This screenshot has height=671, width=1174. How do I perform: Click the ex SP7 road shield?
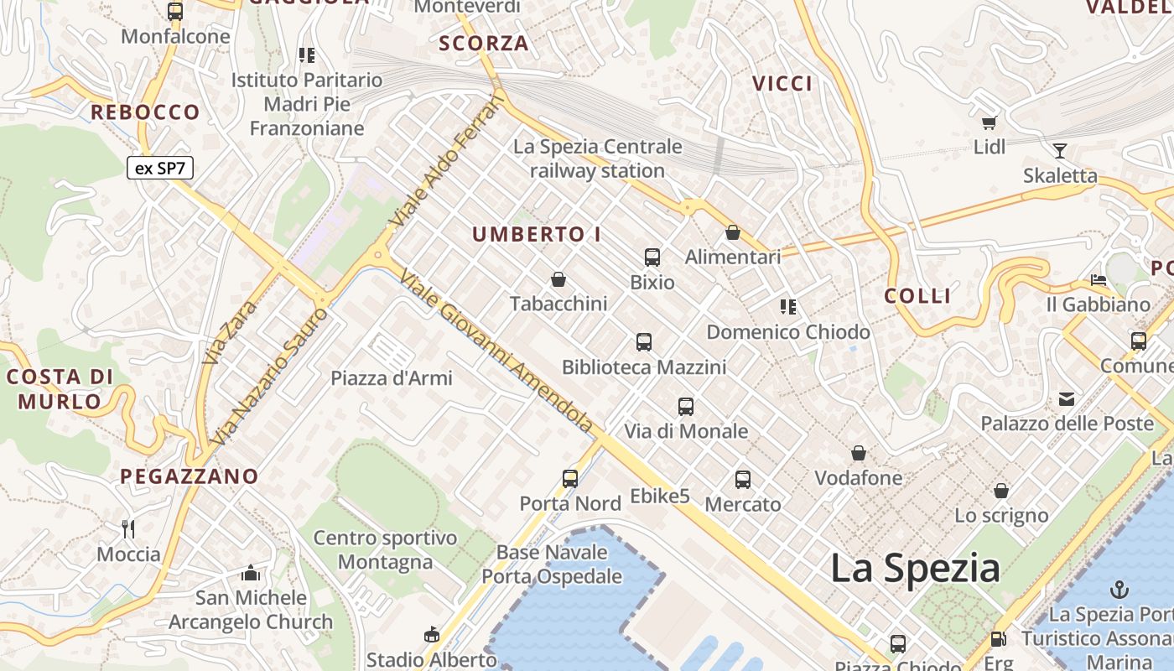pyautogui.click(x=160, y=168)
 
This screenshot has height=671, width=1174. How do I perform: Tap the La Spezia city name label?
pyautogui.click(x=915, y=569)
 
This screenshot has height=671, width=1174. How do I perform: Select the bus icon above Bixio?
pyautogui.click(x=652, y=257)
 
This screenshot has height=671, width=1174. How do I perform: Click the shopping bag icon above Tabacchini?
pyautogui.click(x=558, y=279)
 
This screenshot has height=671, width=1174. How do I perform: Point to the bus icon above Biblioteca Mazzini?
pyautogui.click(x=644, y=342)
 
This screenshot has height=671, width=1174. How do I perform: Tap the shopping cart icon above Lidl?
pyautogui.click(x=990, y=123)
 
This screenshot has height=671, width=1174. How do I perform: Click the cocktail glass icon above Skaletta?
pyautogui.click(x=1060, y=151)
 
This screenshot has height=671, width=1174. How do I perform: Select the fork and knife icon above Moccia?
pyautogui.click(x=128, y=528)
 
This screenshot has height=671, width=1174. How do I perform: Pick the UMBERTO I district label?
pyautogui.click(x=537, y=235)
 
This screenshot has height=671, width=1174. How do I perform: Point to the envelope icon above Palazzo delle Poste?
pyautogui.click(x=1067, y=399)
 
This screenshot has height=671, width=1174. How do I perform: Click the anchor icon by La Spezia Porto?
pyautogui.click(x=1119, y=589)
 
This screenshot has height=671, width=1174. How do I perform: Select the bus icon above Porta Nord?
pyautogui.click(x=570, y=479)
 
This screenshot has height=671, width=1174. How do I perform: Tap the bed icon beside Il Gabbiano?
pyautogui.click(x=1099, y=279)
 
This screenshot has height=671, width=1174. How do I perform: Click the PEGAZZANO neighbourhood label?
pyautogui.click(x=190, y=476)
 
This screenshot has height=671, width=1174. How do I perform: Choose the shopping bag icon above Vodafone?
pyautogui.click(x=859, y=454)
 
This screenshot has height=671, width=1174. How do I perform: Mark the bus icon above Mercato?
pyautogui.click(x=743, y=480)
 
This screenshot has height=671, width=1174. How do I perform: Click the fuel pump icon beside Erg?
pyautogui.click(x=998, y=639)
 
